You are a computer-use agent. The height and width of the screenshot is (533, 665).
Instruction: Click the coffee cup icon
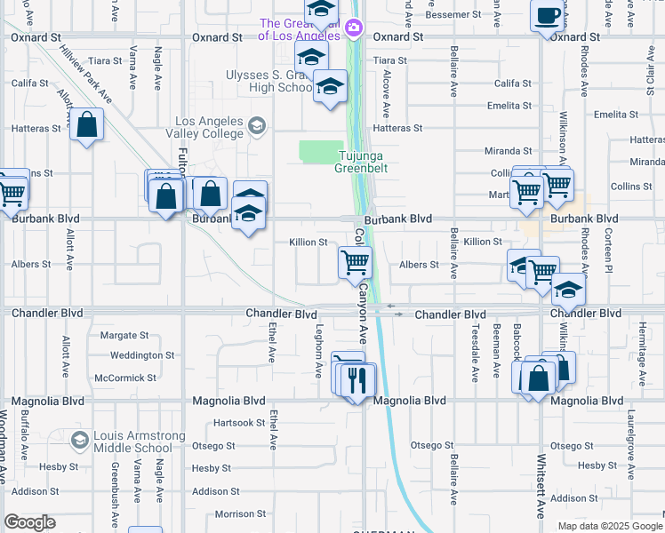[x=549, y=15]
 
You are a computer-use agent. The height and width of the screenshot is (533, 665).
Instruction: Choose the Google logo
[x=29, y=522]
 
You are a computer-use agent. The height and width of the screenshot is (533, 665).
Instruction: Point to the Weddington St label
[x=142, y=355]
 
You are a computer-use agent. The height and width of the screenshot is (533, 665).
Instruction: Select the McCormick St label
[x=125, y=378]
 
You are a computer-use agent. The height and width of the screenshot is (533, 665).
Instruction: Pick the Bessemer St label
[x=453, y=15]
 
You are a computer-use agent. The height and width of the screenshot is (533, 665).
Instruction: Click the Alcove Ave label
[x=386, y=96]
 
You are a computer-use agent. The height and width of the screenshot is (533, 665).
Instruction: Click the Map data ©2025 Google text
[x=610, y=526]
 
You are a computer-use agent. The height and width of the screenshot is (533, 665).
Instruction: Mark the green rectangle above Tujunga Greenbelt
[x=321, y=151]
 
